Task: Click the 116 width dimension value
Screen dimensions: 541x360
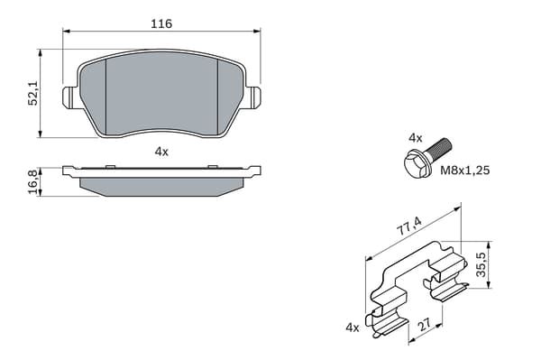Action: click(161, 23)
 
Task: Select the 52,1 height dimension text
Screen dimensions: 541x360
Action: click(33, 94)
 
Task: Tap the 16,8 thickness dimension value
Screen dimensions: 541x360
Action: click(33, 182)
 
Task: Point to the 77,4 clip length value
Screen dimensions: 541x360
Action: click(409, 226)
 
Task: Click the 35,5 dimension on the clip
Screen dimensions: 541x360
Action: click(481, 264)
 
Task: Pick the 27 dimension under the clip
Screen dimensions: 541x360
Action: click(425, 324)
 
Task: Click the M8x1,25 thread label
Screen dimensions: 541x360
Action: click(464, 171)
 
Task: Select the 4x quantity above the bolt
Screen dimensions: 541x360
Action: click(415, 138)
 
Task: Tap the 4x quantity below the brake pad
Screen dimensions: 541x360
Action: click(161, 152)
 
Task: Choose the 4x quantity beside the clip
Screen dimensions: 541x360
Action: click(353, 328)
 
